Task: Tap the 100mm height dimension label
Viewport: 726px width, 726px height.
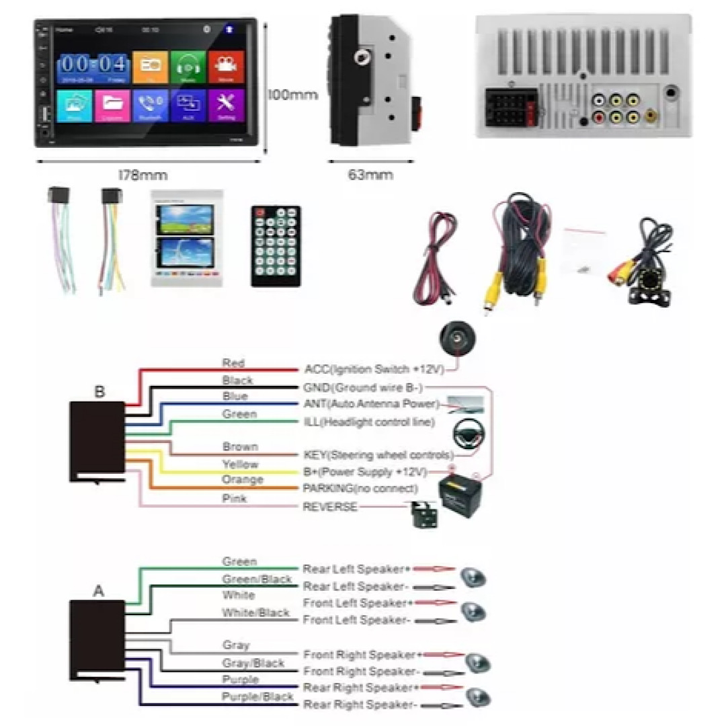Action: (292, 95)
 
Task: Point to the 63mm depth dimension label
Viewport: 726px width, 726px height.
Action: (370, 175)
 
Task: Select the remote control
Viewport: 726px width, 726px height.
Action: (276, 246)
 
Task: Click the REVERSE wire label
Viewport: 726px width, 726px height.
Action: (330, 506)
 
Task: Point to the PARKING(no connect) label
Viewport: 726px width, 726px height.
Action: (360, 488)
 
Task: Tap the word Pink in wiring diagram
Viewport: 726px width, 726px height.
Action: (234, 498)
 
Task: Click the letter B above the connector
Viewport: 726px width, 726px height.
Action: (99, 392)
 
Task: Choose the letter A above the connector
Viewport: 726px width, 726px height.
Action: (99, 592)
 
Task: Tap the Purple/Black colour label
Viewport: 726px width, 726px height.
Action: (257, 696)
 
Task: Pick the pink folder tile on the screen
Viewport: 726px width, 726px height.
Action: (112, 106)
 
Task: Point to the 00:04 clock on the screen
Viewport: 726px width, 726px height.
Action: (93, 66)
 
